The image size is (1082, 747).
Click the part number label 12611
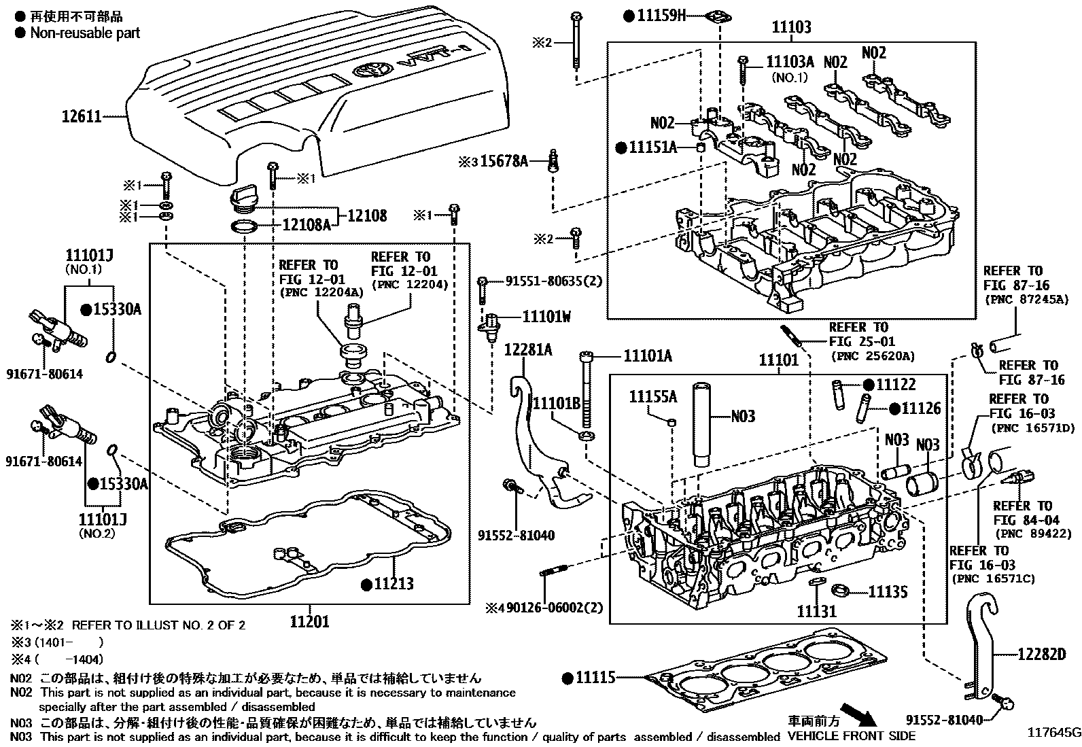coord(82,116)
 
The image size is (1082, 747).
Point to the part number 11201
coord(309,621)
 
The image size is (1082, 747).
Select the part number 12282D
coord(1041,655)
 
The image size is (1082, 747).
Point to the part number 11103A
coord(790,61)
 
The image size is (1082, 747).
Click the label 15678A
coord(504,161)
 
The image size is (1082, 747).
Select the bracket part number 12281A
coord(528,350)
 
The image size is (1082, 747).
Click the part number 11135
coord(888,592)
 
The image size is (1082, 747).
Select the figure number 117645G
coord(1053,733)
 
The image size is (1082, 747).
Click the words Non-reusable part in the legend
coord(85,33)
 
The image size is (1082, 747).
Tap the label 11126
coord(921,409)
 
